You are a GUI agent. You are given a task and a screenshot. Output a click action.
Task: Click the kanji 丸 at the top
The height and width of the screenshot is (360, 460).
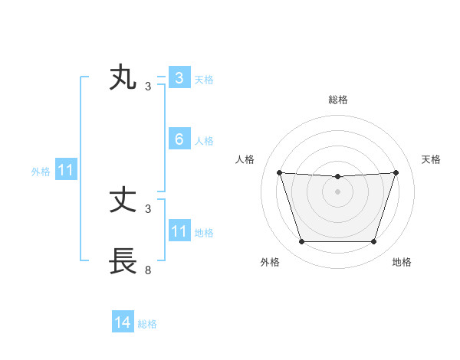pyautogui.click(x=123, y=79)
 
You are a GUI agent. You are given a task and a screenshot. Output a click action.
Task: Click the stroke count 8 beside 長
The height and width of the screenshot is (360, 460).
pyautogui.click(x=148, y=270)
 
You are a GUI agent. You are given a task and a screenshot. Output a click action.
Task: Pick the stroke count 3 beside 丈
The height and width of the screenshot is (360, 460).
pyautogui.click(x=148, y=208)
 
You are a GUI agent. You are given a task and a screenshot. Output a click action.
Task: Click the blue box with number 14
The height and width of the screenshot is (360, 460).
pyautogui.click(x=123, y=323)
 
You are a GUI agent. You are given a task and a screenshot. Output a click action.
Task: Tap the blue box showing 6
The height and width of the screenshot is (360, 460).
pyautogui.click(x=179, y=139)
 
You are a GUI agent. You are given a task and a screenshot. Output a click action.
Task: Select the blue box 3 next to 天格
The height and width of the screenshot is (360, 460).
pyautogui.click(x=179, y=78)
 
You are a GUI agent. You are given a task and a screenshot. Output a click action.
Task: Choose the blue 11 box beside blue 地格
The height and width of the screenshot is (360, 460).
pyautogui.click(x=179, y=231)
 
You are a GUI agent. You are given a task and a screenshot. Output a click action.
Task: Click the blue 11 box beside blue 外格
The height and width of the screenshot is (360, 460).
pyautogui.click(x=65, y=171)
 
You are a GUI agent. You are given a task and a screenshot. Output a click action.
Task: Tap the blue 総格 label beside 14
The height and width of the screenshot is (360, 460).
pyautogui.click(x=147, y=324)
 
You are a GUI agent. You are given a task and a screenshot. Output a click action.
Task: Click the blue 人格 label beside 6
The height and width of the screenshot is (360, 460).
pyautogui.click(x=204, y=141)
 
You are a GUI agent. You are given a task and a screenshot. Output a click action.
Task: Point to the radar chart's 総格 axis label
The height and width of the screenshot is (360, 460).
pyautogui.click(x=337, y=100)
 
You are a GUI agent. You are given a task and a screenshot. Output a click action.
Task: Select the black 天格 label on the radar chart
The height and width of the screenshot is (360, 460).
pyautogui.click(x=432, y=159)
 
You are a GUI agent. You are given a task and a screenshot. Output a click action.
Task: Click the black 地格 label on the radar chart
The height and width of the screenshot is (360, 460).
pyautogui.click(x=402, y=262)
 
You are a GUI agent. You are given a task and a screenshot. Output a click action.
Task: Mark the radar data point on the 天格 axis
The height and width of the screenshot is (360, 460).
pyautogui.click(x=396, y=173)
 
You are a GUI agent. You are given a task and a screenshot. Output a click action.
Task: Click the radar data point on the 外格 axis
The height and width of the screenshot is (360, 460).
pyautogui.click(x=301, y=242)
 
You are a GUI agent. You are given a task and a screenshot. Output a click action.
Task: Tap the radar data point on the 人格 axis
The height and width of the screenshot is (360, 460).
pyautogui.click(x=279, y=173)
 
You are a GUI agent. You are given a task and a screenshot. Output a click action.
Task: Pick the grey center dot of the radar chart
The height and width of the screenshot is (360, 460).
pyautogui.click(x=337, y=191)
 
